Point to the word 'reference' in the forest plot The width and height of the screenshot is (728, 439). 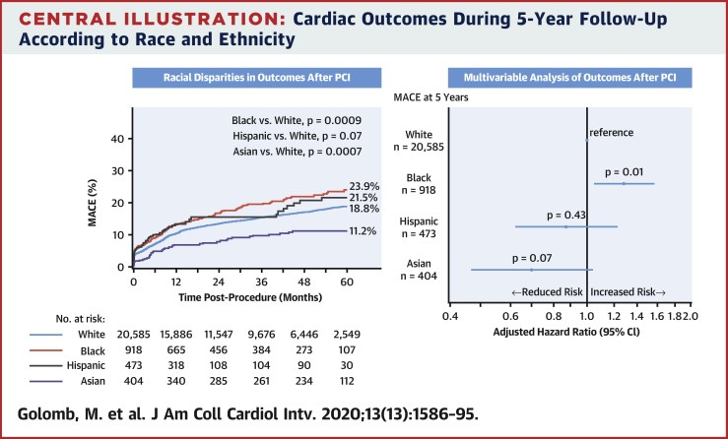[x=614, y=131]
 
